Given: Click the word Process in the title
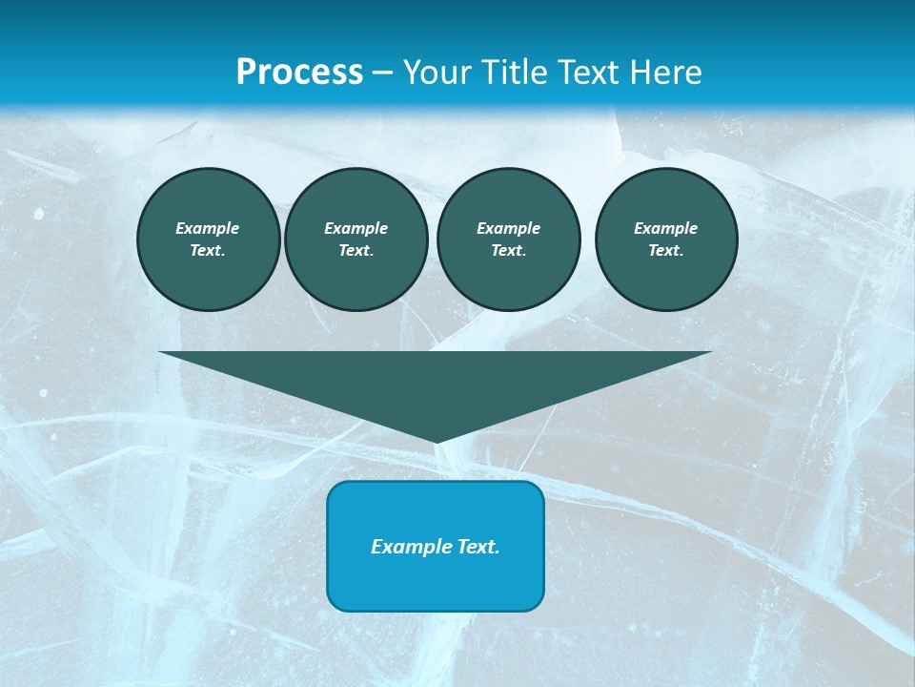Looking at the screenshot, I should [299, 73].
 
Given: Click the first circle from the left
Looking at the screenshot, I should [208, 239].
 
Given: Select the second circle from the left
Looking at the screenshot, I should [356, 239].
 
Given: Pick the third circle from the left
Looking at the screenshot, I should [508, 239].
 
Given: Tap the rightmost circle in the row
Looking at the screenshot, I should [665, 239].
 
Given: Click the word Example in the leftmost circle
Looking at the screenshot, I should [208, 228].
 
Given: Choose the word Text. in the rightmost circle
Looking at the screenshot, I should [665, 251].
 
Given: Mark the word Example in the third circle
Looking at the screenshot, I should [508, 228].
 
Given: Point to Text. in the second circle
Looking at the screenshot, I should [356, 251].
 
